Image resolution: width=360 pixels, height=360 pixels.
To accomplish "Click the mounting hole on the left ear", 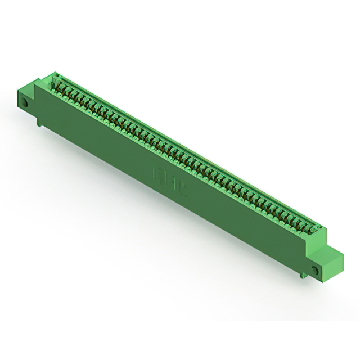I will pyautogui.click(x=26, y=103).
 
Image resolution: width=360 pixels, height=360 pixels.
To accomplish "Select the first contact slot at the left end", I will pyautogui.click(x=56, y=85).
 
